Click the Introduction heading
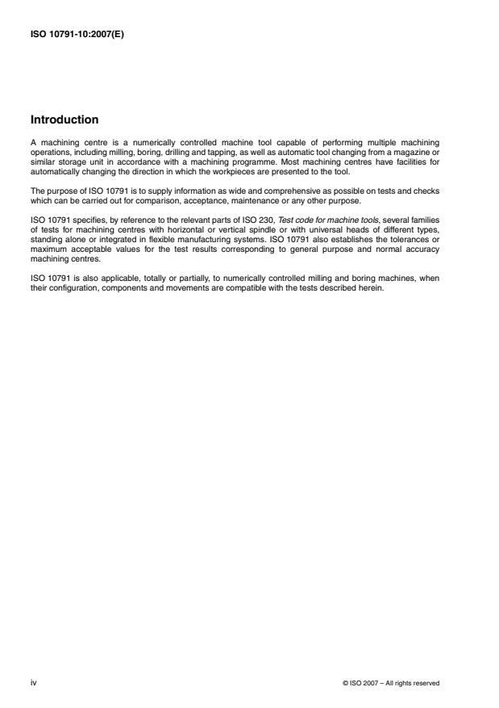(64, 120)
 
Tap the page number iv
(33, 682)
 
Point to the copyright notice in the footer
(391, 683)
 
